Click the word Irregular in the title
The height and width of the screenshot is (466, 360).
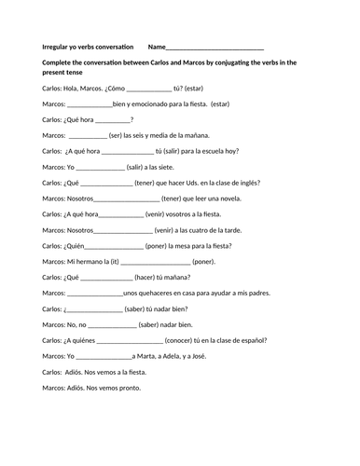(x=58, y=47)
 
